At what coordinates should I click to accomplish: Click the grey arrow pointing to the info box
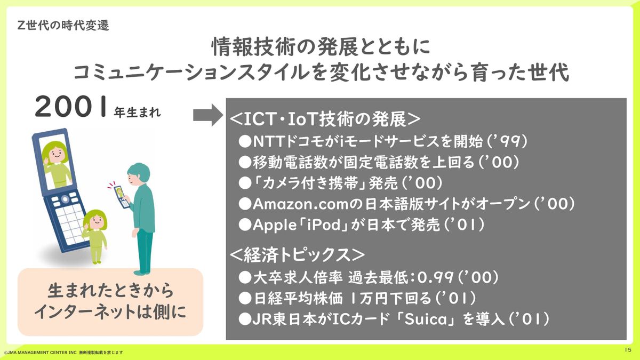coord(208,115)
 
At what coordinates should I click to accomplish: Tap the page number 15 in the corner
coord(628,350)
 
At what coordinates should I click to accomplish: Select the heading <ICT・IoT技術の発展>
coord(325,119)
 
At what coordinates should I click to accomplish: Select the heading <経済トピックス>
coord(297,255)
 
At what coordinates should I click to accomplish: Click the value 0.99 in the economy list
coord(435,277)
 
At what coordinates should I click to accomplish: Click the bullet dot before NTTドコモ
coord(245,141)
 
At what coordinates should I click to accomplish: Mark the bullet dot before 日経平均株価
coord(245,298)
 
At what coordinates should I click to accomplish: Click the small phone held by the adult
coord(122,197)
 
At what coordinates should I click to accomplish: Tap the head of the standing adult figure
coord(139,175)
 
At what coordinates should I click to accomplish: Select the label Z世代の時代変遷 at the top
coord(63,26)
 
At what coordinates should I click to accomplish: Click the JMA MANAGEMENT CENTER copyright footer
coord(63,353)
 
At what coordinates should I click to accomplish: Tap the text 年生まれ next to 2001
coord(138,113)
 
